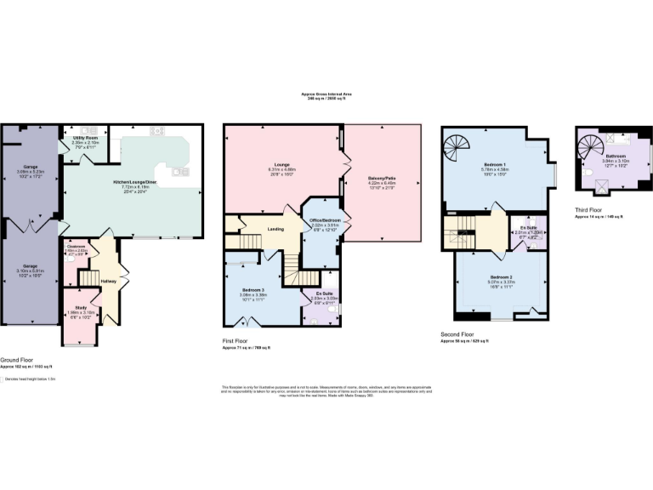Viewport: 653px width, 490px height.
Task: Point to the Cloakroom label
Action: point(77,248)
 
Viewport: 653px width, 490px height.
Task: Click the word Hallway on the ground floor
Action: point(109,281)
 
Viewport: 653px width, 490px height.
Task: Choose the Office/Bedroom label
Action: point(321,221)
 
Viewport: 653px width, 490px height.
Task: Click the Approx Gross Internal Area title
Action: point(326,94)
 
